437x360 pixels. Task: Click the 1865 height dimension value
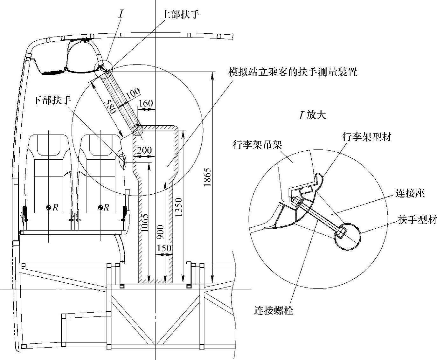pyautogui.click(x=207, y=177)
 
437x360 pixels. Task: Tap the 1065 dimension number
pyautogui.click(x=145, y=224)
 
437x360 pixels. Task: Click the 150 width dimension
pyautogui.click(x=164, y=248)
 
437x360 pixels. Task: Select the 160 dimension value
pyautogui.click(x=146, y=103)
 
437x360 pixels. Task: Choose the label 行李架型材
pyautogui.click(x=366, y=137)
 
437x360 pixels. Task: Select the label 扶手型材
pyautogui.click(x=417, y=220)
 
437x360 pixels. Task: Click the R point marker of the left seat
pyautogui.click(x=49, y=208)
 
